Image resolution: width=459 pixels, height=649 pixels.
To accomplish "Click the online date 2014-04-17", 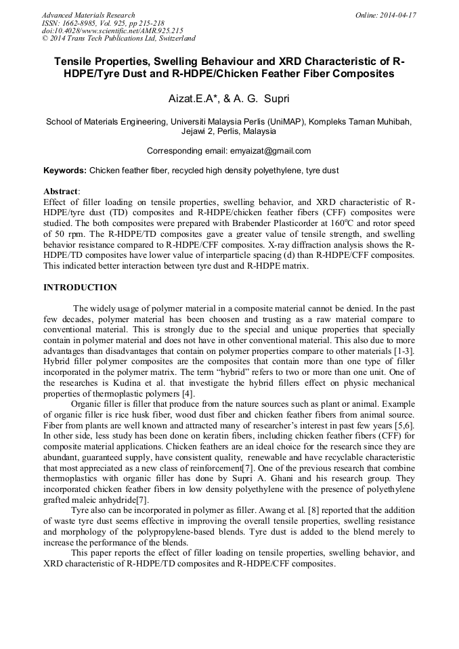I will [x=393, y=15].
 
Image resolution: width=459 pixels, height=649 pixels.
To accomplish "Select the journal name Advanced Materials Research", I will [x=88, y=15].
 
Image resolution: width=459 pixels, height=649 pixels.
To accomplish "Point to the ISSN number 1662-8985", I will [x=85, y=23].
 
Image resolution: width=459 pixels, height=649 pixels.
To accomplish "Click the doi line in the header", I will [x=112, y=30].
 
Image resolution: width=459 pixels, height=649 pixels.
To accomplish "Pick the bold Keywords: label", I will [x=65, y=171].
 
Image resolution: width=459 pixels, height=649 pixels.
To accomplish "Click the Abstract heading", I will [x=61, y=192].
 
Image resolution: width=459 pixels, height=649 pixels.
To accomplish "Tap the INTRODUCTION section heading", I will [x=80, y=288].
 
